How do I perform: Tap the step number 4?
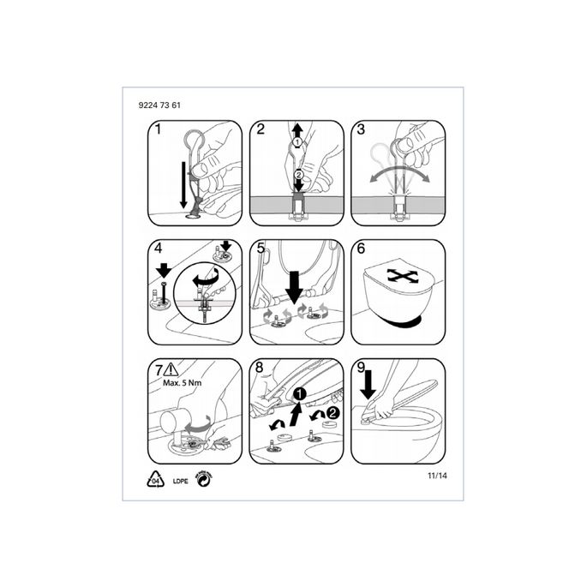click(156, 249)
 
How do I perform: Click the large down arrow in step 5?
click(293, 284)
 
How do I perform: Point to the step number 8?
click(259, 369)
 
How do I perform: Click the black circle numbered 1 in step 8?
click(299, 394)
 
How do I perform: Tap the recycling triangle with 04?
click(157, 480)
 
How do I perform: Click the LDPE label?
click(182, 482)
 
